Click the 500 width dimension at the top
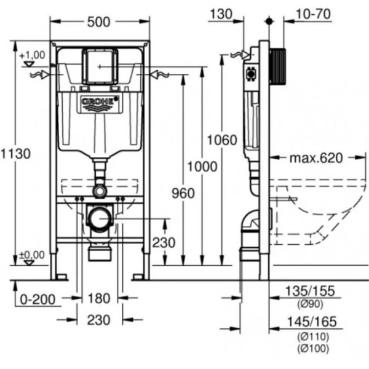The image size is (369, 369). (x=98, y=22)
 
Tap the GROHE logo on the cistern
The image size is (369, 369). (x=98, y=102)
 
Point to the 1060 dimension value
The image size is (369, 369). (x=221, y=140)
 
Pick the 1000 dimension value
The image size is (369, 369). (x=202, y=166)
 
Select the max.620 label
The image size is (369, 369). (x=315, y=159)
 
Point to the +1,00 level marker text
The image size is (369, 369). (x=33, y=56)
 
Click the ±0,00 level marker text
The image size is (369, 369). (x=33, y=254)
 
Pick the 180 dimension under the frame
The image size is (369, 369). (x=98, y=299)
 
